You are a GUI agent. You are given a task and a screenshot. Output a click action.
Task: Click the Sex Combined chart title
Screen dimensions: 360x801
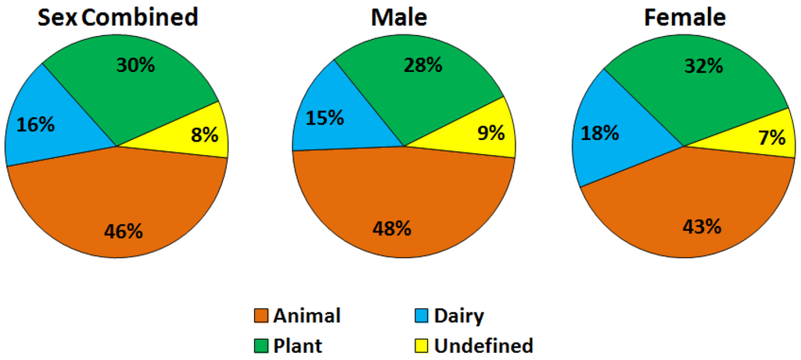click(x=118, y=17)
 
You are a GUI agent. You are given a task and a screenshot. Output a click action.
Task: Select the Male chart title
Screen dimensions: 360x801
click(x=400, y=17)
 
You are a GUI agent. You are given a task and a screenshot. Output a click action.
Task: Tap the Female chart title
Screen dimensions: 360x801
click(x=684, y=17)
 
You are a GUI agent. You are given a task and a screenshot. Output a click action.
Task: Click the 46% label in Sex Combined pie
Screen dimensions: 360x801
click(x=124, y=231)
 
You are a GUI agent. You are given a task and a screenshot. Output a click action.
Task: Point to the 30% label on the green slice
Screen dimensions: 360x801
click(x=135, y=65)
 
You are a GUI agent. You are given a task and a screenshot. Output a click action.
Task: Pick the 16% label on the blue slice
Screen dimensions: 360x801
click(x=35, y=124)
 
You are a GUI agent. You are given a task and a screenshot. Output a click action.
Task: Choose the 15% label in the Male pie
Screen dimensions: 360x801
click(x=325, y=117)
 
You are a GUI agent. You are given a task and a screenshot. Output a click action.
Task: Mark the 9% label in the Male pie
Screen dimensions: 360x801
click(x=491, y=133)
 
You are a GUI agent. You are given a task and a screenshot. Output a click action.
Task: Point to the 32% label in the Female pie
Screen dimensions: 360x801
click(x=703, y=67)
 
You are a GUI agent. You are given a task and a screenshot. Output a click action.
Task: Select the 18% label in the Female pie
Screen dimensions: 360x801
click(x=600, y=132)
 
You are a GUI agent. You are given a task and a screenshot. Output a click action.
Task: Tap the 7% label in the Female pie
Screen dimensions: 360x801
click(x=771, y=138)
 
